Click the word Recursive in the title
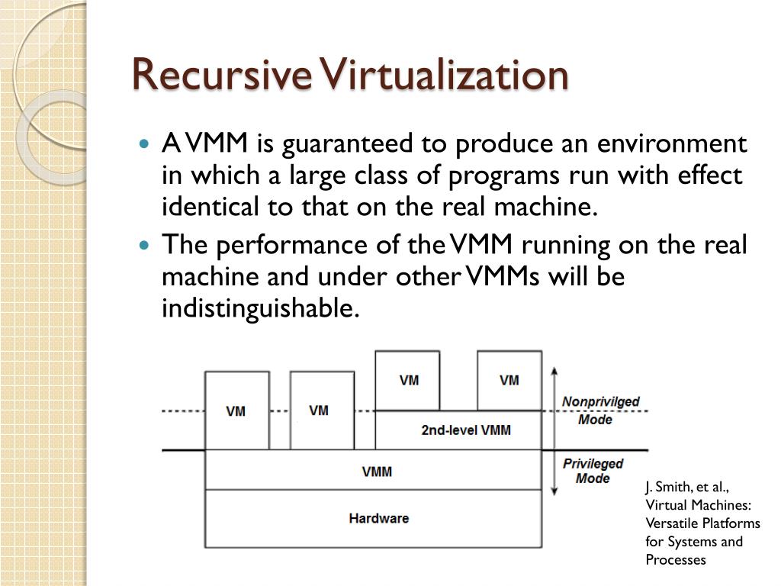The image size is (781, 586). tap(221, 76)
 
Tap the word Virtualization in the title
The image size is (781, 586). tap(444, 76)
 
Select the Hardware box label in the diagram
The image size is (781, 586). tap(378, 518)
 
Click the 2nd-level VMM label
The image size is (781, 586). tap(466, 430)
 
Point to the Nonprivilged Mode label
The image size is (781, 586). tap(600, 411)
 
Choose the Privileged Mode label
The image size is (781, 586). tap(593, 471)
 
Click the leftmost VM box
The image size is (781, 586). tap(236, 411)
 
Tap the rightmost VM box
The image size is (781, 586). tap(509, 380)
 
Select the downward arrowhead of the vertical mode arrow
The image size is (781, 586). tap(554, 491)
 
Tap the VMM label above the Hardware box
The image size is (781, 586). tap(377, 472)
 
